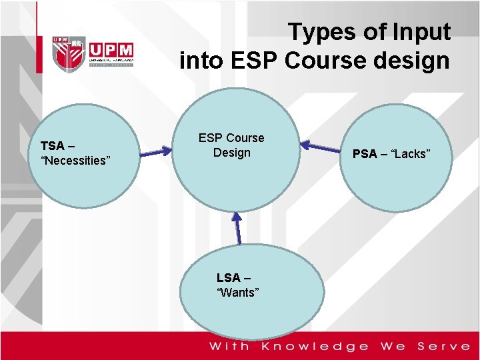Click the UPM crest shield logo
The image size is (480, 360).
pyautogui.click(x=69, y=53)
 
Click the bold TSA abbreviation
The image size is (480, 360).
pyautogui.click(x=53, y=145)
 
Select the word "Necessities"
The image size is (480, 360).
pyautogui.click(x=75, y=160)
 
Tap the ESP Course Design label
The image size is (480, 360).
pyautogui.click(x=231, y=145)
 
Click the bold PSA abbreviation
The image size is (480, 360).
pyautogui.click(x=365, y=154)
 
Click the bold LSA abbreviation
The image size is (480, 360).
pyautogui.click(x=229, y=278)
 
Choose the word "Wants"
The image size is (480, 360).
pyautogui.click(x=237, y=293)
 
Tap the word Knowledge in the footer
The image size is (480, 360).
pyautogui.click(x=315, y=346)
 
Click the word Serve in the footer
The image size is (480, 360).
pyautogui.click(x=443, y=346)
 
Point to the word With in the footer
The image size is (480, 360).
pyautogui.click(x=229, y=346)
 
